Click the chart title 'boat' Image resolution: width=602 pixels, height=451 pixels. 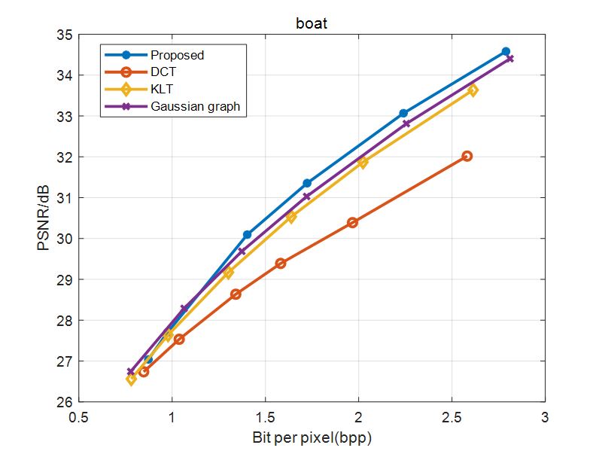(312, 23)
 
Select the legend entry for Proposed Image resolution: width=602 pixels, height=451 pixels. (177, 55)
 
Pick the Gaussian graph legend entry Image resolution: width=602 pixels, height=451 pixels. (195, 106)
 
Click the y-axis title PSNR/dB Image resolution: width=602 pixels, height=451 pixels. (44, 218)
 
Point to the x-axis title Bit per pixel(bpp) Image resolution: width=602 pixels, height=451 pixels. (312, 437)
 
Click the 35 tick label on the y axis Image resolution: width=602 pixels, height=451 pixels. (63, 35)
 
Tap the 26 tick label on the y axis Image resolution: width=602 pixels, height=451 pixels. (63, 402)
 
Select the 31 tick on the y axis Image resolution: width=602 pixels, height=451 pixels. (63, 198)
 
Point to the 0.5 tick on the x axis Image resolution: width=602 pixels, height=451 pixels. (79, 416)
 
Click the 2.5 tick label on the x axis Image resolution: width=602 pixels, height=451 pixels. (451, 416)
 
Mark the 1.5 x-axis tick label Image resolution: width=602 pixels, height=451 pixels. (265, 416)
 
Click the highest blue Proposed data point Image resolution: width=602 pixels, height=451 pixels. (506, 52)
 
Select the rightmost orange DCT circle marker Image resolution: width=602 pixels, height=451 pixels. (467, 156)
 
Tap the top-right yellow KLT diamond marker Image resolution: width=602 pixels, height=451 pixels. (473, 90)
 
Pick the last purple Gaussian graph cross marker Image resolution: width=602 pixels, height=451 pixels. (510, 59)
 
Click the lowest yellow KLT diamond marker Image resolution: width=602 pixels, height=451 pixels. (132, 379)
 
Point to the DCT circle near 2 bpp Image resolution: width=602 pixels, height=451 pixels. (352, 222)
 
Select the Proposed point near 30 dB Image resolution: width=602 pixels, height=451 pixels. (247, 235)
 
